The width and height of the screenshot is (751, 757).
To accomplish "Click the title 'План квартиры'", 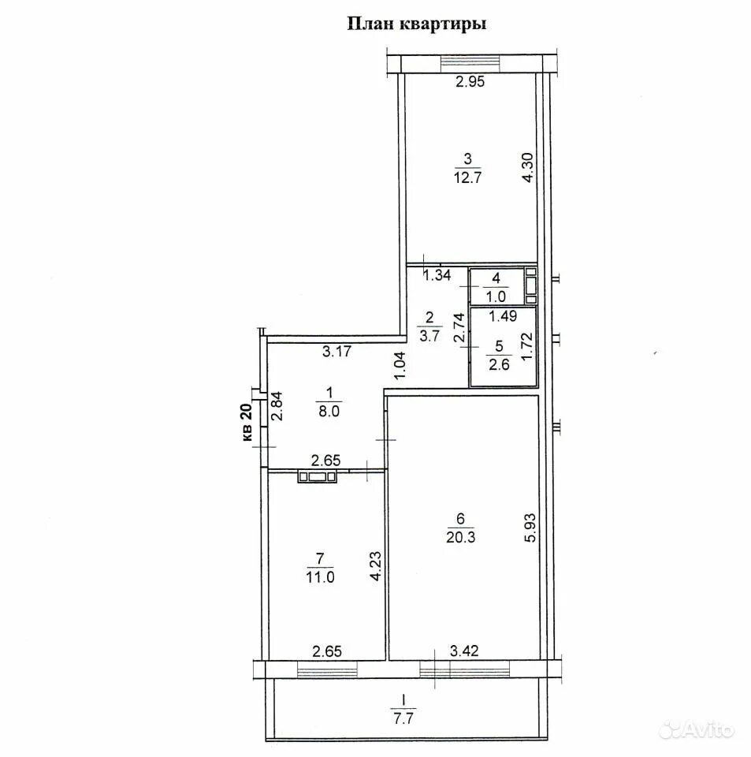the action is tap(417, 24).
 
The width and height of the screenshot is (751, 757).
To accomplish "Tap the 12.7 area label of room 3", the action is tap(467, 177).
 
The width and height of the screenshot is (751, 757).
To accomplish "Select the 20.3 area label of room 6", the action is tap(461, 537).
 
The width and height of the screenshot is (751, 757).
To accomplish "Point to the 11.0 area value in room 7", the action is tap(320, 577).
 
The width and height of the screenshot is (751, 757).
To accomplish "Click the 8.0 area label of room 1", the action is tap(329, 412).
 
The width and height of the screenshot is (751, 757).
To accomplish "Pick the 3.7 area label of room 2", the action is tap(429, 336).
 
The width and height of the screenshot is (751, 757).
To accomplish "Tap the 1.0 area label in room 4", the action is tap(496, 296).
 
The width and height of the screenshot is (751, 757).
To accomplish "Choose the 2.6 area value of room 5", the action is tap(499, 364).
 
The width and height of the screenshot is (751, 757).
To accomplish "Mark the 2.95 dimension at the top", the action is tap(470, 81).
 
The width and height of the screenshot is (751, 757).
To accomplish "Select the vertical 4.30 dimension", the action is tap(528, 167).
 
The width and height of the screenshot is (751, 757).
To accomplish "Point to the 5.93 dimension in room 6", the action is tap(530, 528).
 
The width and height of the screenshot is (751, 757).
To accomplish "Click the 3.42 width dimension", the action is tap(464, 651).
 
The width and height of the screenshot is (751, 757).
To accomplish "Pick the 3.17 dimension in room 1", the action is tap(336, 351).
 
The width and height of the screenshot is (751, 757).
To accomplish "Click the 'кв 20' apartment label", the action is tap(247, 422).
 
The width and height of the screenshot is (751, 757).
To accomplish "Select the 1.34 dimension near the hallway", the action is tap(437, 275).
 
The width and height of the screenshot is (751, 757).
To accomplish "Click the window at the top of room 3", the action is tap(470, 62).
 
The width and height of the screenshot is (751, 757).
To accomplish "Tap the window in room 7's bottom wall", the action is tap(327, 669).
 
